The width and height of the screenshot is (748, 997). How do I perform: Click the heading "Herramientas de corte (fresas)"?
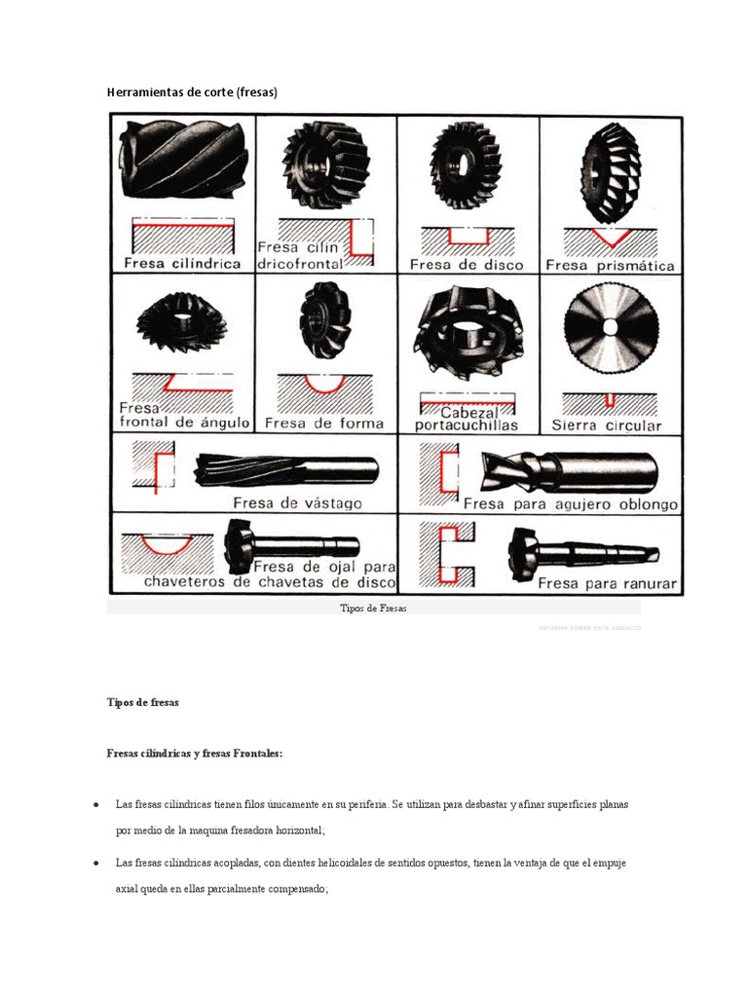[x=192, y=92]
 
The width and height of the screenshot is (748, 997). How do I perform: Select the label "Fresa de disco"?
[x=467, y=264]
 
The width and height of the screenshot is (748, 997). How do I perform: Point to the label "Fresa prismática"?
[x=610, y=264]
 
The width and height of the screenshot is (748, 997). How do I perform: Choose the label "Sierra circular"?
[x=606, y=425]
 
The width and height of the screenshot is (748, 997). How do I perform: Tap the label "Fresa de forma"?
[x=324, y=424]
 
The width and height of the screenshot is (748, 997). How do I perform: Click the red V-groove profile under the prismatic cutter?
[x=610, y=236]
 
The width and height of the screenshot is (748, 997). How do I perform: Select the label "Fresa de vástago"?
[x=297, y=503]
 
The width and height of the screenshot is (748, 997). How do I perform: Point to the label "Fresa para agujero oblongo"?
[x=571, y=504]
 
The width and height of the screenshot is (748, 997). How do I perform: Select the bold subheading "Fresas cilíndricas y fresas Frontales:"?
[x=195, y=753]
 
